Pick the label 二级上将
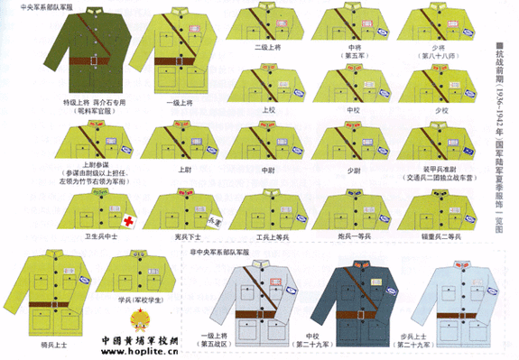click(x=268, y=47)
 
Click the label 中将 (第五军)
click(x=354, y=51)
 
